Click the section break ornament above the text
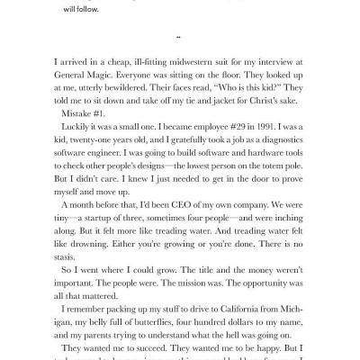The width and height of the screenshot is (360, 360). [179, 38]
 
